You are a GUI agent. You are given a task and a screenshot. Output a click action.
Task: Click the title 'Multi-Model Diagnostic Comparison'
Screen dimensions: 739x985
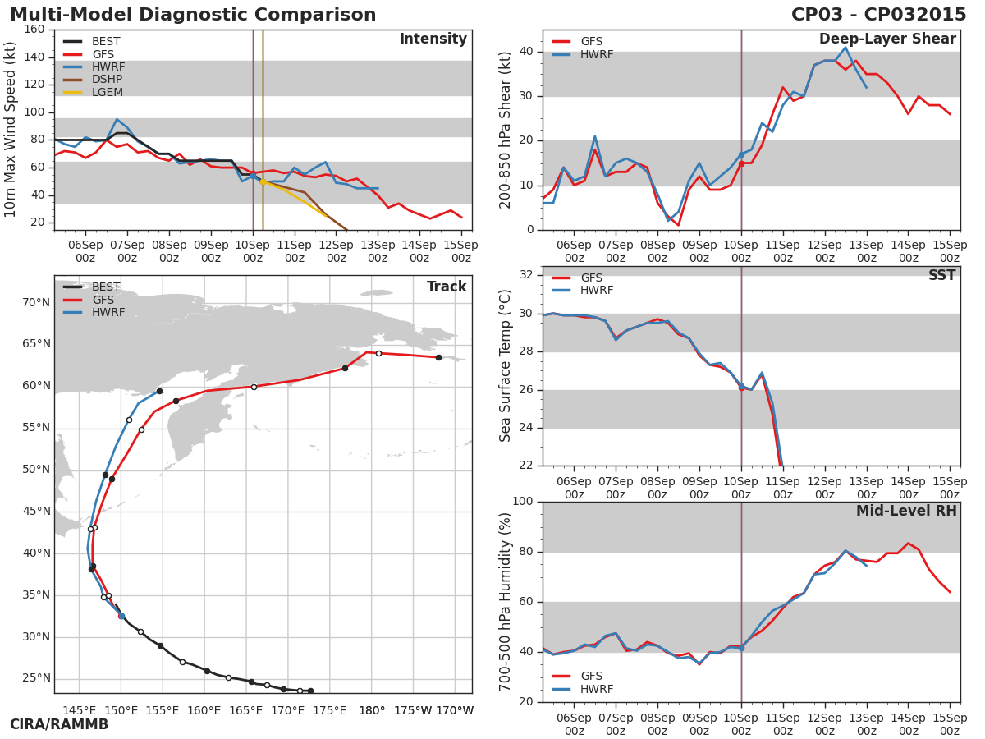(193, 15)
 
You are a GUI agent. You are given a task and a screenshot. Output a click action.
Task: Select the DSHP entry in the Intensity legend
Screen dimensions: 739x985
(106, 80)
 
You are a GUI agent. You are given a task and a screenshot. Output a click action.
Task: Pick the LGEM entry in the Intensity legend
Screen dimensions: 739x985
(106, 93)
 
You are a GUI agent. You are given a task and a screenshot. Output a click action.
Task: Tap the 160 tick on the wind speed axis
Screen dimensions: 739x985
(34, 30)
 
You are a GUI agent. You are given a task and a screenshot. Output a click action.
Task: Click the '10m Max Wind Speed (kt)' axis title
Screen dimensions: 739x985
(11, 130)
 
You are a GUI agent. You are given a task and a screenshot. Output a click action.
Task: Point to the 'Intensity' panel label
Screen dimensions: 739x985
(433, 39)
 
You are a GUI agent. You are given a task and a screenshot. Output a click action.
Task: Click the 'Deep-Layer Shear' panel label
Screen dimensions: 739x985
(887, 39)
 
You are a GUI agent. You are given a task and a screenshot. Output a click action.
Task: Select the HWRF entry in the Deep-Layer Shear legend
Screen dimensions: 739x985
(597, 54)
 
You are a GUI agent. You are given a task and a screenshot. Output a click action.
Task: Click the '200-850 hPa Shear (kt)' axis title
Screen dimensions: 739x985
(506, 130)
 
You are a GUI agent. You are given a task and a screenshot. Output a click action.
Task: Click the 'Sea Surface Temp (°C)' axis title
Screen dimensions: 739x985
(506, 366)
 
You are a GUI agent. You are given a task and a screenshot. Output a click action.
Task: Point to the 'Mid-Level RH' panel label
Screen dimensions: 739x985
(906, 511)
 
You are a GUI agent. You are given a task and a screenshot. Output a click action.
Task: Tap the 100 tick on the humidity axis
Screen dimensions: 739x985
(522, 502)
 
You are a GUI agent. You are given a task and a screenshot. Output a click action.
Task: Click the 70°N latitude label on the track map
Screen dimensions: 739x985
(36, 302)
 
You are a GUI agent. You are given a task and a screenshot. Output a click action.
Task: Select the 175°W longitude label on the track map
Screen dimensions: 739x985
(413, 710)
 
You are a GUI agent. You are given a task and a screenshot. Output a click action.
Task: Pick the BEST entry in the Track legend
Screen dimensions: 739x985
(106, 287)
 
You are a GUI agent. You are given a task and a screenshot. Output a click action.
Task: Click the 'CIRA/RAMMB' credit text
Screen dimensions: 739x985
(59, 725)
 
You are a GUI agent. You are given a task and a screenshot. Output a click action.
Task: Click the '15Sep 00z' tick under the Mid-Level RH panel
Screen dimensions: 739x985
(950, 724)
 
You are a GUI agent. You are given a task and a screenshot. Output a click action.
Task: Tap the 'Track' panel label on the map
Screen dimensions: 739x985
(447, 287)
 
